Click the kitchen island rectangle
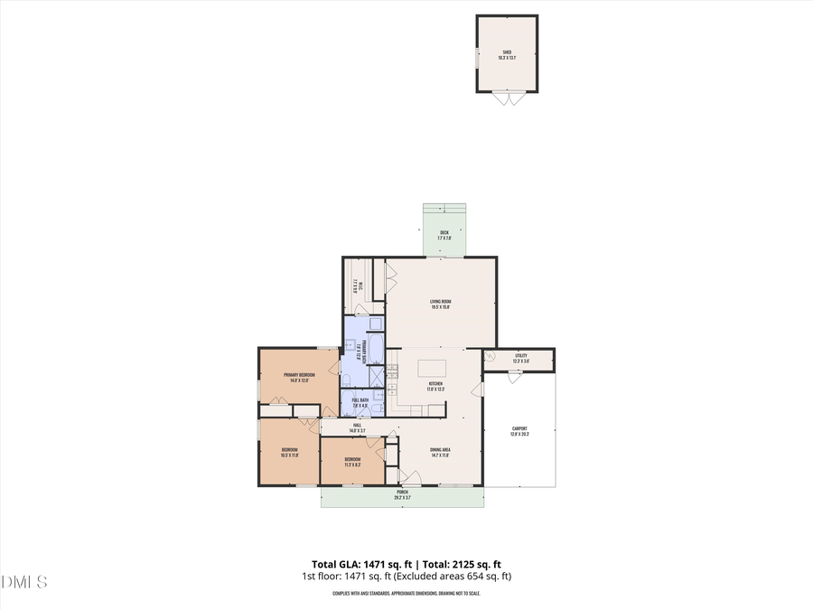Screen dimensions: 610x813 click(x=432, y=367)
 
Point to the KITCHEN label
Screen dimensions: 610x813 click(x=435, y=385)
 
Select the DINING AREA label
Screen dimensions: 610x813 click(x=440, y=453)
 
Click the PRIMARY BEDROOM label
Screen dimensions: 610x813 click(x=299, y=377)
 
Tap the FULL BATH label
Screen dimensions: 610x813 click(x=359, y=400)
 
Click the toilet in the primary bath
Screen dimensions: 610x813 click(x=347, y=379)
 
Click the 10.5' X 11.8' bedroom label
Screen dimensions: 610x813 click(x=290, y=452)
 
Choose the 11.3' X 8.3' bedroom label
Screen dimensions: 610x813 click(x=352, y=462)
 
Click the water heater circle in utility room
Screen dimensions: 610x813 click(x=491, y=356)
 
